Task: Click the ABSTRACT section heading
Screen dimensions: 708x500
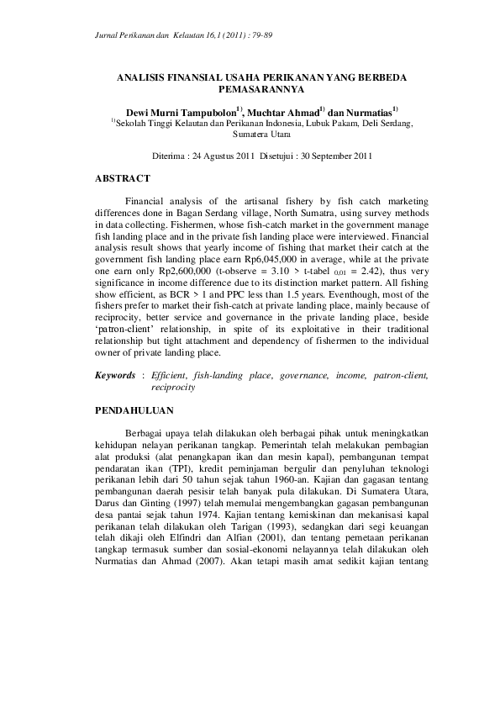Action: coord(122,178)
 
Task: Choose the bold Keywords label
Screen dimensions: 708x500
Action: coord(113,378)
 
